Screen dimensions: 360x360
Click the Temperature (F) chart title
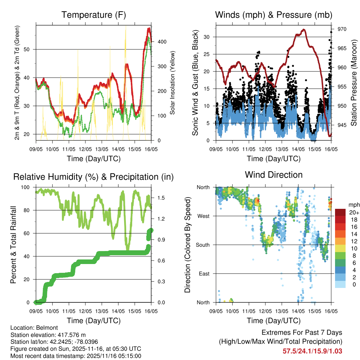coord(94,15)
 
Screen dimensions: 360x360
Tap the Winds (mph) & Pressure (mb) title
coord(274,15)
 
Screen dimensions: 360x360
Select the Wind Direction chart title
coord(274,174)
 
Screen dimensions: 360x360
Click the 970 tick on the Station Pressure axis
coord(342,29)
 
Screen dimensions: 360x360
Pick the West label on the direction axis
coord(203,216)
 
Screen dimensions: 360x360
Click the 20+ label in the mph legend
coord(353,212)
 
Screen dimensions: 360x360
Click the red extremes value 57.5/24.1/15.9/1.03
coord(312,351)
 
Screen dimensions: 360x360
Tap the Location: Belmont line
coord(32,328)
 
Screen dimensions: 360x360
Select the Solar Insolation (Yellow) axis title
coord(173,83)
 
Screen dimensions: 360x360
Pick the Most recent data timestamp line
coord(76,356)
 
